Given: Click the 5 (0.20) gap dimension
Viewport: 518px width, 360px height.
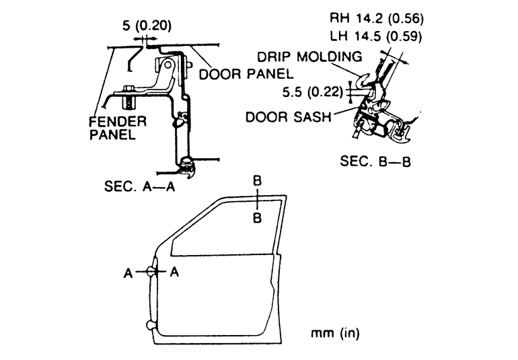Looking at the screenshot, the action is click(x=147, y=26).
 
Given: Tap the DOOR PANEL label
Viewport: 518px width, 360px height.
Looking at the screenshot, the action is click(x=246, y=74).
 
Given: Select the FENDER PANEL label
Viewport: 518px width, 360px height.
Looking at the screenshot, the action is click(x=118, y=128).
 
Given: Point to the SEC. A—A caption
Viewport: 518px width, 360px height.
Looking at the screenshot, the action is click(x=139, y=186).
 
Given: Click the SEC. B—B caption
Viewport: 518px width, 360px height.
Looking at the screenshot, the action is click(x=375, y=161).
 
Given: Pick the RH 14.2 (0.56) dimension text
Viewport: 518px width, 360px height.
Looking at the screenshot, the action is click(x=377, y=19).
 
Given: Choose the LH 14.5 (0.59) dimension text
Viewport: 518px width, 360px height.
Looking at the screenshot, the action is click(x=376, y=36).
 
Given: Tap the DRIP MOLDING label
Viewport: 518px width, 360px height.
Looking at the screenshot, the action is click(x=309, y=57).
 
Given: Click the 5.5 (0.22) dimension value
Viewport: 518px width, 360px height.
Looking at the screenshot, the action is click(x=313, y=92).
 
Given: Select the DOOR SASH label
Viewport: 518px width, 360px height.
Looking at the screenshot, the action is click(x=289, y=116).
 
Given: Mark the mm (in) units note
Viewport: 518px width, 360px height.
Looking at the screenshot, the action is click(x=334, y=333).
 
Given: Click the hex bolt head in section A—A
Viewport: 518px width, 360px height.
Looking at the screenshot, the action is click(x=128, y=89).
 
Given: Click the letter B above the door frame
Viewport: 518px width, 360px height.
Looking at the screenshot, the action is click(x=258, y=181).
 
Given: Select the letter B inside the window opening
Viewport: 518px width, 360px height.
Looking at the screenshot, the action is click(x=258, y=218).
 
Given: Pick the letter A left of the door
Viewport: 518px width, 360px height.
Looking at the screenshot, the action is click(x=128, y=273).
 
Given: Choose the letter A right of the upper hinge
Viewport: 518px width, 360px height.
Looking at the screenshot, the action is click(x=174, y=272).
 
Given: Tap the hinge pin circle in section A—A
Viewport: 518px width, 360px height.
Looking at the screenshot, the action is click(x=168, y=64).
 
